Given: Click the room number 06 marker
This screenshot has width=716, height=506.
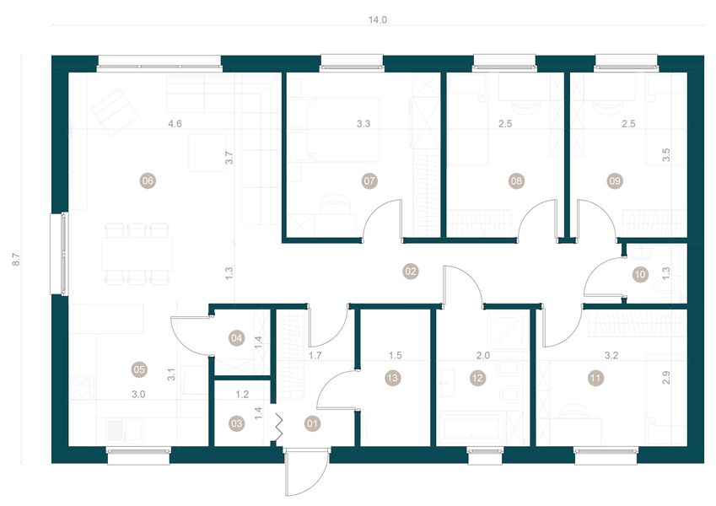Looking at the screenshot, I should coord(148,180).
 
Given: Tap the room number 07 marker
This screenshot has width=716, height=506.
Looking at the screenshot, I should coord(369,180).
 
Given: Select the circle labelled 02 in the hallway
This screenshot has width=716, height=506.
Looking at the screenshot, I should coord(411,272).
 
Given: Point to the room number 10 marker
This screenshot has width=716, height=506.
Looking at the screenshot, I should coord(640,273).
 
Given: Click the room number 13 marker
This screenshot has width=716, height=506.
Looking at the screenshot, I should coord(390,379).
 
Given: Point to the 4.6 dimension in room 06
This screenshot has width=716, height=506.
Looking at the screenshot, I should coord(175,124).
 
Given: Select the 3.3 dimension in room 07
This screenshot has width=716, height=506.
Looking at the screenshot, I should coord(363,124).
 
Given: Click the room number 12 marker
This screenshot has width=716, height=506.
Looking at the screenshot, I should coord(478,379).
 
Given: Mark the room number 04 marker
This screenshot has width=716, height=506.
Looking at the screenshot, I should coord(239,339).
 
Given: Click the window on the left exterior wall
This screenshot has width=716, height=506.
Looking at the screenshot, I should coord(62,253).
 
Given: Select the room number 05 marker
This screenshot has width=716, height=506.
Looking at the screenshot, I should coord(139,369).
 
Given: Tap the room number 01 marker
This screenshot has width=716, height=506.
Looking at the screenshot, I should coord(314,423).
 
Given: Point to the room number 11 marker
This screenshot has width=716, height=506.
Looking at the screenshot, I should coord(596,379).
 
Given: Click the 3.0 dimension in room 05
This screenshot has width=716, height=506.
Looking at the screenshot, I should coord(139,394).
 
